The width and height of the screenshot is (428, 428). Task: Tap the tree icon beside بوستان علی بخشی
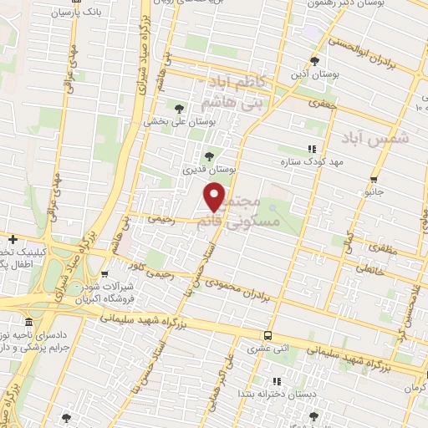click(x=179, y=107)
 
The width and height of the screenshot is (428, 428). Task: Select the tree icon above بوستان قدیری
click(x=209, y=155)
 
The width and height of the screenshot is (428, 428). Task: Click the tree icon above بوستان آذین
click(x=314, y=61)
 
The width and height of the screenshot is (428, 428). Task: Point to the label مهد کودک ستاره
click(x=313, y=163)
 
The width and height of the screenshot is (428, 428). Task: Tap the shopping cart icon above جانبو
click(x=378, y=178)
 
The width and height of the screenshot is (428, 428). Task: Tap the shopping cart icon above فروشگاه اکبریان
click(x=104, y=273)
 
